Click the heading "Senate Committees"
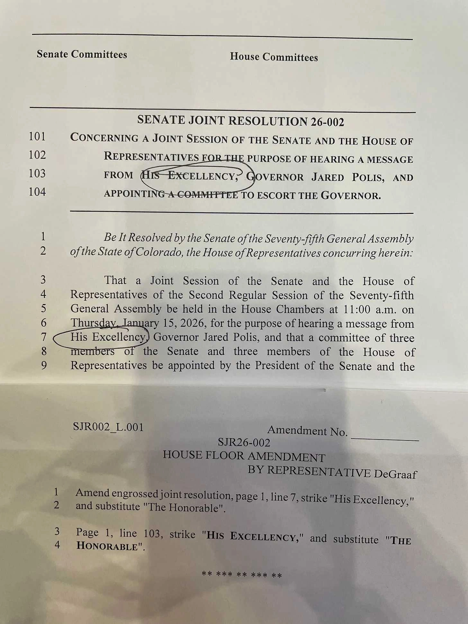point(82,54)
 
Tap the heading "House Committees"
point(274,57)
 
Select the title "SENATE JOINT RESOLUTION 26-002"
point(240,121)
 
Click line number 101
point(37,137)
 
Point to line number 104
point(37,192)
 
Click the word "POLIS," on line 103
point(368,177)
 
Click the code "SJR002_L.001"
point(108,427)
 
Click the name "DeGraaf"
point(395,474)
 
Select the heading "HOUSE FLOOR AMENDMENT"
point(244,456)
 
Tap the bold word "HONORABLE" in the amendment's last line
point(107,546)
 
